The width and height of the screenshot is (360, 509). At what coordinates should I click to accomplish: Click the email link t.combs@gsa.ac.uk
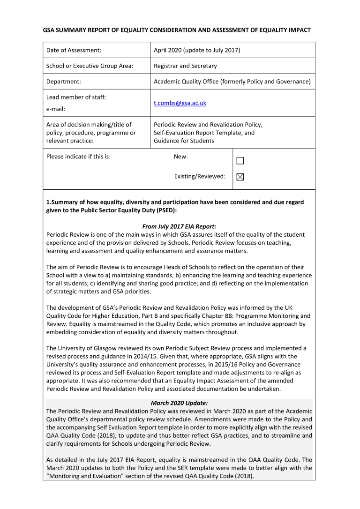point(180,103)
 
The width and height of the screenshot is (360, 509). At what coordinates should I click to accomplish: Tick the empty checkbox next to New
point(240,161)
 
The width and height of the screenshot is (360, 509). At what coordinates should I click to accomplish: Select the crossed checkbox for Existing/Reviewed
point(240,177)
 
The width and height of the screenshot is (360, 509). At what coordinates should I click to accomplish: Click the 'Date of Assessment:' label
point(74,50)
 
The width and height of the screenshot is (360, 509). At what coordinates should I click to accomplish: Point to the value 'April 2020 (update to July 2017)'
point(197,50)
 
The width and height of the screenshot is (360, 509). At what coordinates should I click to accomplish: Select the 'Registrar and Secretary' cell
point(185,66)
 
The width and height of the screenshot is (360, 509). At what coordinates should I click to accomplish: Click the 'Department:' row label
point(64,82)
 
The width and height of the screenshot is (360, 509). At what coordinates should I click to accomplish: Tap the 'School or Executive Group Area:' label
point(90,66)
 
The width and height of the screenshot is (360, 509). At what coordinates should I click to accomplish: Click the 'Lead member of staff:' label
point(76,97)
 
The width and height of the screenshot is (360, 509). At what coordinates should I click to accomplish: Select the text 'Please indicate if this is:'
point(79,157)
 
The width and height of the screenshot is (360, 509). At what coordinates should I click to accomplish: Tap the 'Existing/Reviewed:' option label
point(200,177)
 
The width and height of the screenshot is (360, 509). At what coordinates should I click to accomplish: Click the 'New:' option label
point(181,157)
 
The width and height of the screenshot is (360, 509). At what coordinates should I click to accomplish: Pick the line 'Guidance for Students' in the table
point(184,141)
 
